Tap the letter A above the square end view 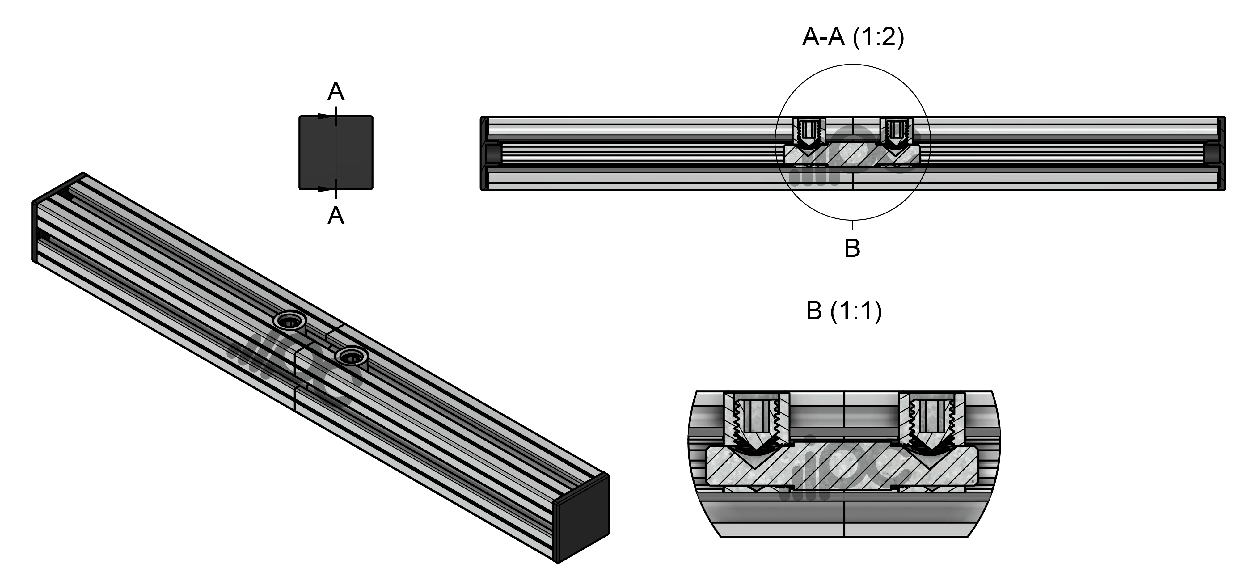pos(336,91)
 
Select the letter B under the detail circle pos(852,248)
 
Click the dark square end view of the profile pos(336,152)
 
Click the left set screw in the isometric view pos(290,321)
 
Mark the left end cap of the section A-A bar pos(484,153)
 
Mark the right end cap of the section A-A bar pos(1221,153)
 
